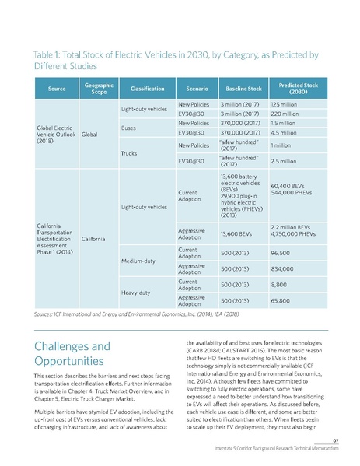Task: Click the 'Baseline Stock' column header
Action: pos(241,89)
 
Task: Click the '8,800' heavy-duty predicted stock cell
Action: pos(278,285)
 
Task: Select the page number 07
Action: pos(344,440)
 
